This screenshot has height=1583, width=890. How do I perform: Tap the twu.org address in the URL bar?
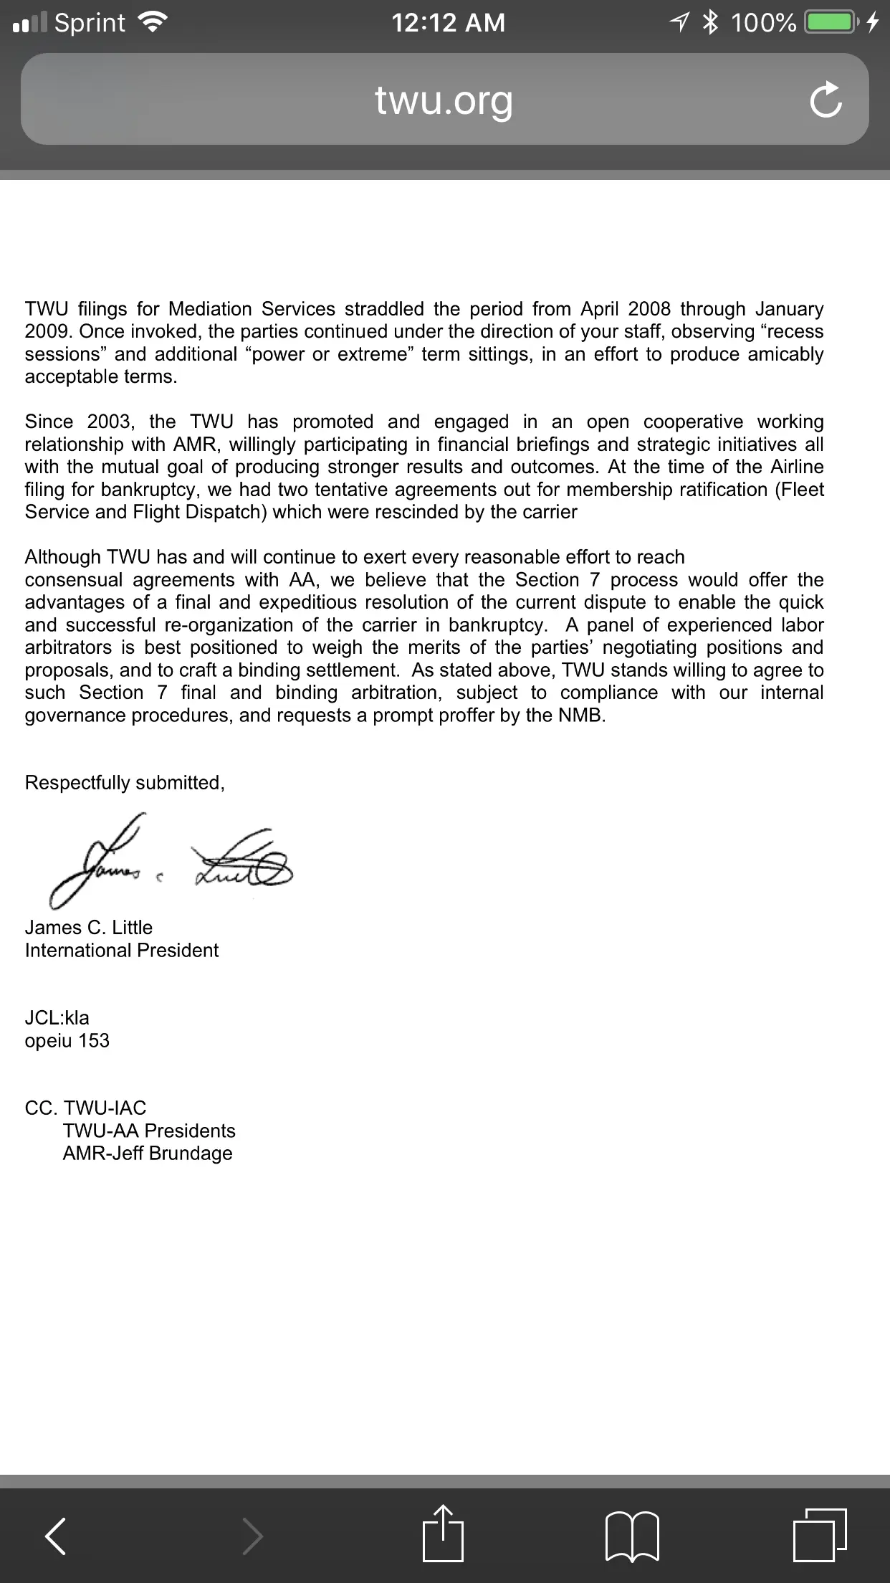pyautogui.click(x=444, y=100)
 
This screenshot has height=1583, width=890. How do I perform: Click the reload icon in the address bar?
pyautogui.click(x=826, y=100)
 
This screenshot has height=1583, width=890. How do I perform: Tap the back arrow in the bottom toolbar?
pyautogui.click(x=56, y=1536)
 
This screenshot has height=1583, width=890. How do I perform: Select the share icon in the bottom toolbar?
pyautogui.click(x=443, y=1534)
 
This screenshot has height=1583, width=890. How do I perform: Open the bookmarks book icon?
pyautogui.click(x=632, y=1536)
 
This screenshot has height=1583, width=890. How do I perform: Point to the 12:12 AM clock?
pyautogui.click(x=448, y=23)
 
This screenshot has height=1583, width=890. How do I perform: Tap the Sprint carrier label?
pyautogui.click(x=90, y=23)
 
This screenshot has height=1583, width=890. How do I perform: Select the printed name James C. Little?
pyautogui.click(x=89, y=928)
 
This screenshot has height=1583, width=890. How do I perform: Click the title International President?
pyautogui.click(x=122, y=951)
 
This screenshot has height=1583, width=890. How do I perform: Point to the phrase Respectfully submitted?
pyautogui.click(x=125, y=783)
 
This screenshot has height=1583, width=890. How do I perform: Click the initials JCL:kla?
pyautogui.click(x=57, y=1018)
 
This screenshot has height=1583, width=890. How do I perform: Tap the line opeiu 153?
pyautogui.click(x=67, y=1041)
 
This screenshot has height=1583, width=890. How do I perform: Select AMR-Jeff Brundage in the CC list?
pyautogui.click(x=148, y=1154)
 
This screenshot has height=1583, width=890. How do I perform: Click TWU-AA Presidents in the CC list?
pyautogui.click(x=149, y=1131)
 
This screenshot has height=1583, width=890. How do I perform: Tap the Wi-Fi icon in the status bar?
pyautogui.click(x=152, y=23)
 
